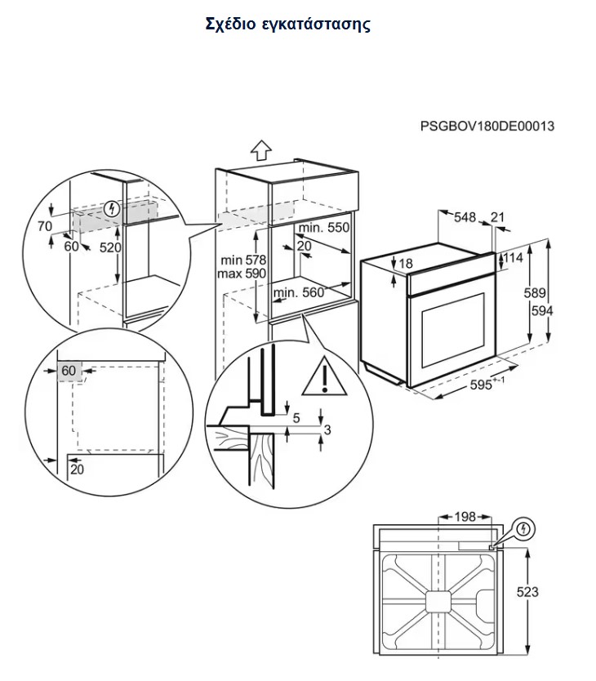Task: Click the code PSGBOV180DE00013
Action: point(487,127)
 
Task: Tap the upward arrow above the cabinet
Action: point(260,150)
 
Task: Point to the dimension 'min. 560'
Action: point(299,292)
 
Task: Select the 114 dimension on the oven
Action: point(512,258)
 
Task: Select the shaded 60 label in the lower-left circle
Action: point(68,371)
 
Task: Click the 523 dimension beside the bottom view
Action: point(528,591)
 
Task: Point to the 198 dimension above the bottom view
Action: point(464,517)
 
